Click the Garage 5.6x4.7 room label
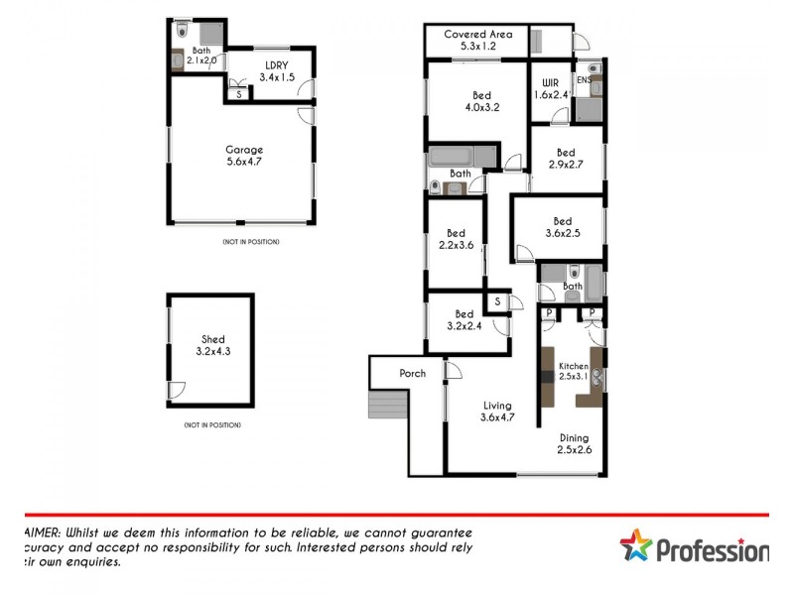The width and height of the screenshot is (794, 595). pos(243,155)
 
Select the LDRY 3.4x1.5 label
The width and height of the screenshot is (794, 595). pos(277,69)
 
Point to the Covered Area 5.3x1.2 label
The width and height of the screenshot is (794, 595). pos(477,39)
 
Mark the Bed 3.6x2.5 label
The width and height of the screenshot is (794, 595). pos(563,227)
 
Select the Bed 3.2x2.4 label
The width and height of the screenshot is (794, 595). pos(463,319)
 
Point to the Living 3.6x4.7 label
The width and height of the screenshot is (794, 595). pos(496,411)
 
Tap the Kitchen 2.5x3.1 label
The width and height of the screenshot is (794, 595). pos(574,371)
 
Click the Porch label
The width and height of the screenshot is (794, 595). pos(412,374)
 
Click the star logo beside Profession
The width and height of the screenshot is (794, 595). pos(637,547)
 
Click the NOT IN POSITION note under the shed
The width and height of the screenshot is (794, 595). pos(212,425)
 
